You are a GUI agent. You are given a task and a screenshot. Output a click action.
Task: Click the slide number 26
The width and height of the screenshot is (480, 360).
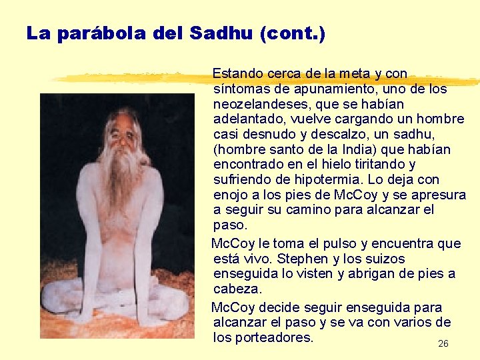[x=443, y=344]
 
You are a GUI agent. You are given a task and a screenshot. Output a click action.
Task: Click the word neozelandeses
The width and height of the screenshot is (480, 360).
[x=257, y=104]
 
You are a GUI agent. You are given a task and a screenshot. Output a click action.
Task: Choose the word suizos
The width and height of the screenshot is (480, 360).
[x=385, y=259]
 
